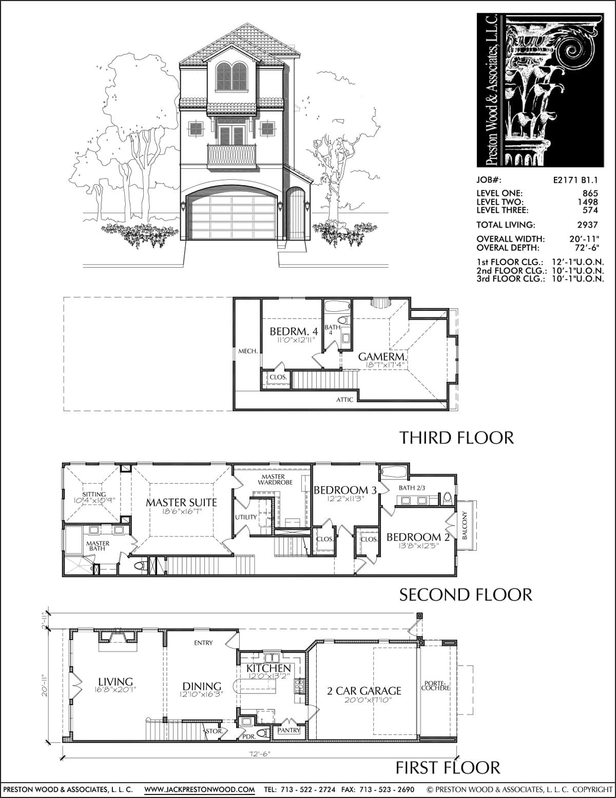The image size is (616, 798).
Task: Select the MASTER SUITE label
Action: click(181, 503)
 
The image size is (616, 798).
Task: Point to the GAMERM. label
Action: click(382, 356)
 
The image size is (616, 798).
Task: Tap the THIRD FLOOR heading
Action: click(456, 438)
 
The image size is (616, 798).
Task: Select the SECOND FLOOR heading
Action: click(466, 595)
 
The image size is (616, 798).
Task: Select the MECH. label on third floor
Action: click(248, 351)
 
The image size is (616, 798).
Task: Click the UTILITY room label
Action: click(246, 517)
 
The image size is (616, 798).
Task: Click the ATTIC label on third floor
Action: click(344, 400)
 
